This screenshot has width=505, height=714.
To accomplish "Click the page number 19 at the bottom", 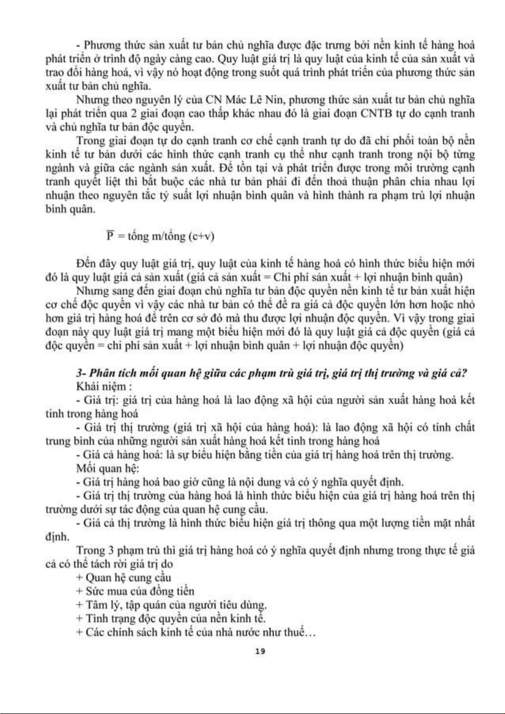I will (259, 651).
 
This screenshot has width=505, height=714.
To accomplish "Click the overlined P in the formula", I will (110, 236).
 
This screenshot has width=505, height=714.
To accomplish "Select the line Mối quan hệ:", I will (108, 468).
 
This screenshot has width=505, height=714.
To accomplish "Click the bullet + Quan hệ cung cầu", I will (124, 577).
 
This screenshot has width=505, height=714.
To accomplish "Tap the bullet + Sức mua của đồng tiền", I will (135, 591).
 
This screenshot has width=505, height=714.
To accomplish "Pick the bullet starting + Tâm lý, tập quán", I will (171, 605).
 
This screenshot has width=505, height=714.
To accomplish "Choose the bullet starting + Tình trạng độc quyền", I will (171, 619).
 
